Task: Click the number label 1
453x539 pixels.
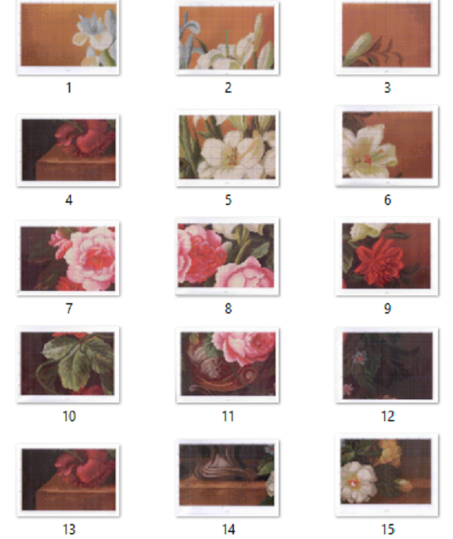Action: (69, 87)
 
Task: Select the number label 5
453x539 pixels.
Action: (228, 200)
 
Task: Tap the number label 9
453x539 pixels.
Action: (387, 308)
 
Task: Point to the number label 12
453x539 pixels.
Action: (388, 416)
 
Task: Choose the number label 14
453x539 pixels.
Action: (228, 529)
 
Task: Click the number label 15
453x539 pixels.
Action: (388, 529)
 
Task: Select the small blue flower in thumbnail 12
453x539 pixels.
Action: (359, 358)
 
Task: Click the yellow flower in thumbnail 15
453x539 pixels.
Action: (390, 451)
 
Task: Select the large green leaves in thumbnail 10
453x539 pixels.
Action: (79, 361)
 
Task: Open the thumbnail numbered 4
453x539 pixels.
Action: (68, 150)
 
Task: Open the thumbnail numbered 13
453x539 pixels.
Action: (68, 479)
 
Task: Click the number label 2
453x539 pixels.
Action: (228, 87)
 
